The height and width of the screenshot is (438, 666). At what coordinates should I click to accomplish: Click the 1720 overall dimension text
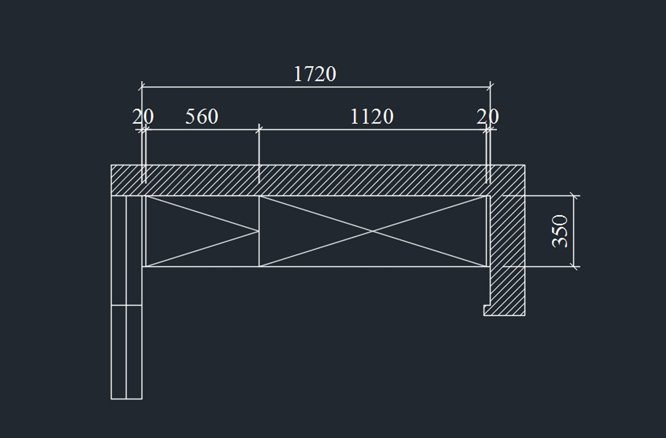point(315,74)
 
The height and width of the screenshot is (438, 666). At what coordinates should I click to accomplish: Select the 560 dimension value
point(202,116)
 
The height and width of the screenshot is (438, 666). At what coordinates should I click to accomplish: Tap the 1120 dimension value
point(372,116)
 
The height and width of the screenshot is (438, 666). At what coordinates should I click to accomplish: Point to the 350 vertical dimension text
point(559,231)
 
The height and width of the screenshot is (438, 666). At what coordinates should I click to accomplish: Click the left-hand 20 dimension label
point(143,116)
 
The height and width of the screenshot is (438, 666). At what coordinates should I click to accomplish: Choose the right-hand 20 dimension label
point(488,116)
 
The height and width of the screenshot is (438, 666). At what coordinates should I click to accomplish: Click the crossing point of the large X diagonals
point(372,231)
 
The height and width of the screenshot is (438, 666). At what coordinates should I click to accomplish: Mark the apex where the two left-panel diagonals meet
point(259,231)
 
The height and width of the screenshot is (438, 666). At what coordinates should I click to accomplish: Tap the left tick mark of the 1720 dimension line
point(142,87)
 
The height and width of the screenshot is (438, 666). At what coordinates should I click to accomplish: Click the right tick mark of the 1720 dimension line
point(490,87)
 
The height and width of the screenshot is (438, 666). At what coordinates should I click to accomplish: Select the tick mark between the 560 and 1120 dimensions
point(259,130)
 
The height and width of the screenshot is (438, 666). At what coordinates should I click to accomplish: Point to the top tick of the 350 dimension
point(573,196)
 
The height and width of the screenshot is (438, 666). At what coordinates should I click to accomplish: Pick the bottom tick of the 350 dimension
point(573,267)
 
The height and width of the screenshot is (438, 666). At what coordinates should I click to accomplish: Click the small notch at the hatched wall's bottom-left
point(486,310)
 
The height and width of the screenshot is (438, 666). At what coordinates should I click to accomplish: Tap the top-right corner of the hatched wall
point(525,165)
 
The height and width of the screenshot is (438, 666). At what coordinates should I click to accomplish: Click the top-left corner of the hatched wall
point(111,165)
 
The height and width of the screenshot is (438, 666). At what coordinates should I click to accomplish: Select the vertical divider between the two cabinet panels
point(259,231)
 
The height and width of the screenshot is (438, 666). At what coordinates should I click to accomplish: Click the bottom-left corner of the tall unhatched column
point(111,399)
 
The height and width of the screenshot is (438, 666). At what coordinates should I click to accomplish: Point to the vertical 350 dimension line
point(573,231)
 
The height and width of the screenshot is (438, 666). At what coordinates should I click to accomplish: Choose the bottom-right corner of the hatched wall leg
point(525,315)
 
